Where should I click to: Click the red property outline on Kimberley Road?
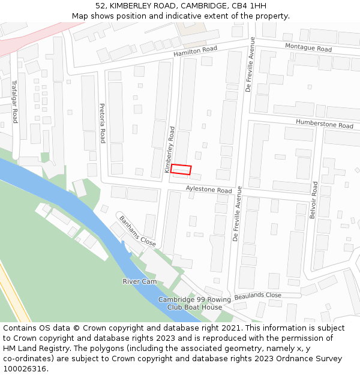181,169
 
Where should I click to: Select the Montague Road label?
308,48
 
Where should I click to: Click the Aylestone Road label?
209,190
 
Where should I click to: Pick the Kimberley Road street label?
170,150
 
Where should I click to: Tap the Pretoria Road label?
103,123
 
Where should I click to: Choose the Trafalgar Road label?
15,103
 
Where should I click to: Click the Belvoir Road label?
313,203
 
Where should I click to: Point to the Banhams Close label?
137,231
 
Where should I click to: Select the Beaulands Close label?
258,296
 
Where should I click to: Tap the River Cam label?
140,281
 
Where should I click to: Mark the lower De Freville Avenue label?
237,214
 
